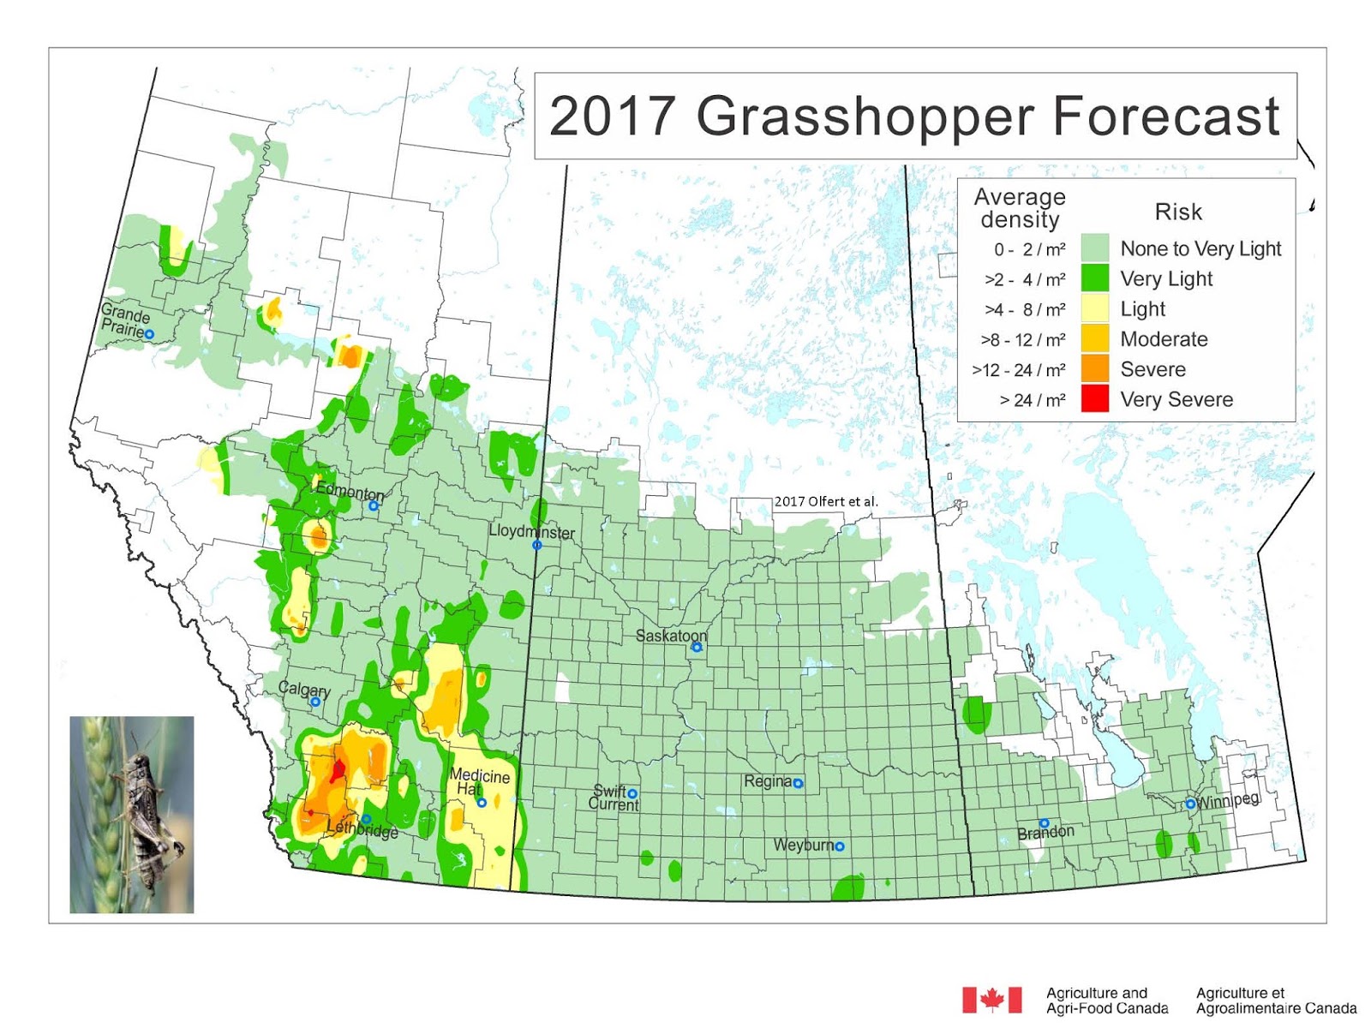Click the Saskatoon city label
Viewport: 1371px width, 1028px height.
pos(671,636)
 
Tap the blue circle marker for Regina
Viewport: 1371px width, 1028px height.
pos(798,783)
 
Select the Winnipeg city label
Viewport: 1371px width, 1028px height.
pos(1228,801)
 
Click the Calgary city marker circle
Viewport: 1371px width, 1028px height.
pos(315,702)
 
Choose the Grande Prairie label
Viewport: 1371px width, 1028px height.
pos(123,320)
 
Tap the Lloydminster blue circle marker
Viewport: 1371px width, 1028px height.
pos(537,545)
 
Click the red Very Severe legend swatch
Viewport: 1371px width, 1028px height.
pos(1094,399)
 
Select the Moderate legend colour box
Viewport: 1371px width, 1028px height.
pos(1094,339)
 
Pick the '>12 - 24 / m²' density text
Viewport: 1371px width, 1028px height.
pos(1019,370)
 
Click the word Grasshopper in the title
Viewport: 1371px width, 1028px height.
pos(865,116)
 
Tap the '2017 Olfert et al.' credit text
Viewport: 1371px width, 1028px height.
pos(826,501)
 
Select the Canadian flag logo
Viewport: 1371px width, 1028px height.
pos(991,1000)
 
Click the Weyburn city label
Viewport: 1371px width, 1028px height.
pos(803,845)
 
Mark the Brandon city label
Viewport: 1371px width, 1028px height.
pos(1045,833)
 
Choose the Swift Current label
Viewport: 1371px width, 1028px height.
pos(613,798)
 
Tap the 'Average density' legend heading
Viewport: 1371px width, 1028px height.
pos(1020,208)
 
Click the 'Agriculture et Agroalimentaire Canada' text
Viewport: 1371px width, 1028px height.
pos(1276,1001)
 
